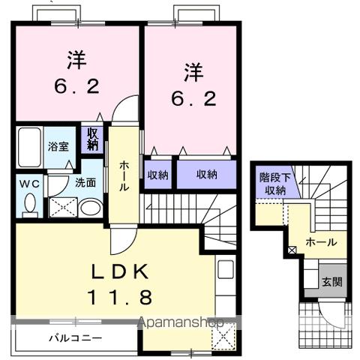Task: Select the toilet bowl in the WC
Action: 29,203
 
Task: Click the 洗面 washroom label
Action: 85,181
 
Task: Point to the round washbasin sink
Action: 89,208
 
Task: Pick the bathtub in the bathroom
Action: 30,148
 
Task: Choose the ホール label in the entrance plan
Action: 321,242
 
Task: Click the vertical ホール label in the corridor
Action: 124,175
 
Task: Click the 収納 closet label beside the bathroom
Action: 93,139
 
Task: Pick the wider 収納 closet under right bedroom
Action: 207,175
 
